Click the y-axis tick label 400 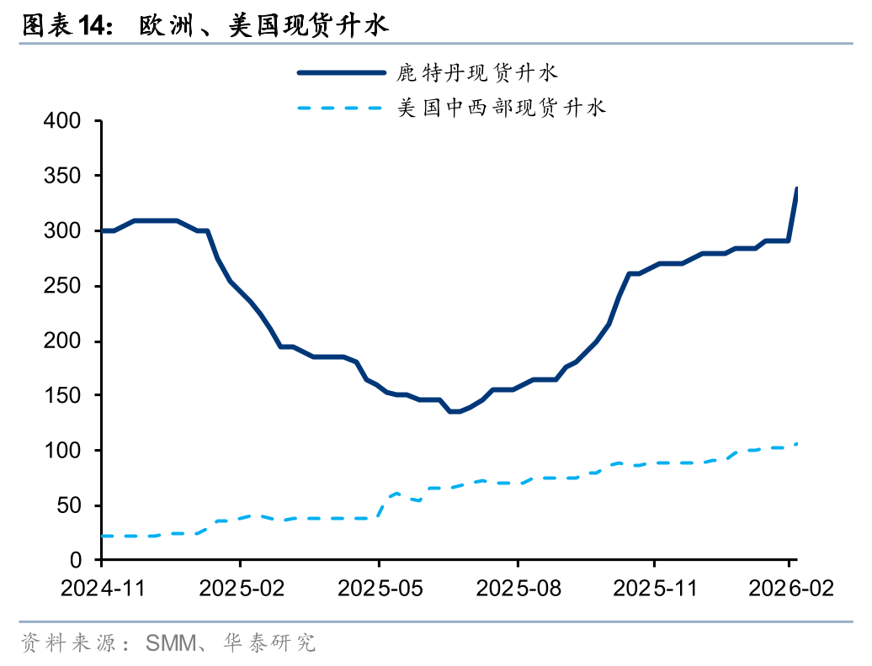point(63,121)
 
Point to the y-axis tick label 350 point(63,176)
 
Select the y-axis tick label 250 point(63,286)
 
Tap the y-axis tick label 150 point(63,396)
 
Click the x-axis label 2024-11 point(102,588)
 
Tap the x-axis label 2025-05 point(379,588)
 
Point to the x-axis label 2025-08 point(517,588)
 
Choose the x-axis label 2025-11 point(655,588)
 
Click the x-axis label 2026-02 point(791,588)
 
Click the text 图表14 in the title point(66,26)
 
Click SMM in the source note point(171,644)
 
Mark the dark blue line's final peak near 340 point(796,189)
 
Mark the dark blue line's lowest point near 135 point(455,411)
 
